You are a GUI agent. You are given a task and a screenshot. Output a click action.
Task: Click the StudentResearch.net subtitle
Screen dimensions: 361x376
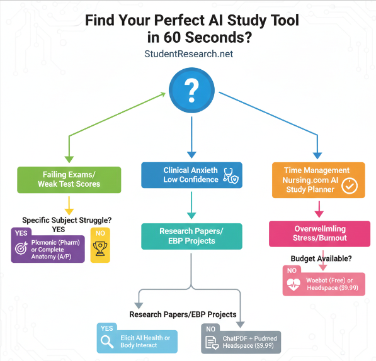[188, 54]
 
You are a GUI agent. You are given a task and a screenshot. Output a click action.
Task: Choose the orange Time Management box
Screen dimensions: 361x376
[318, 180]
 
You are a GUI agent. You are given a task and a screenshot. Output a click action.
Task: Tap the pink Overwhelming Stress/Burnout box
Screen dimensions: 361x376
[317, 233]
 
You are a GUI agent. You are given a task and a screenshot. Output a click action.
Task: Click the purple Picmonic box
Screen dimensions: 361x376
[48, 246]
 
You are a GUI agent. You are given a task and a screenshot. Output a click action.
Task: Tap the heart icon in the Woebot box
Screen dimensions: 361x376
[293, 284]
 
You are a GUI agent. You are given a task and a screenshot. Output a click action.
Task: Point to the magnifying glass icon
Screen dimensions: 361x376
[108, 342]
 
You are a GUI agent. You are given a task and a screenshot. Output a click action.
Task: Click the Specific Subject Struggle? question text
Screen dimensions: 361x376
[67, 220]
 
